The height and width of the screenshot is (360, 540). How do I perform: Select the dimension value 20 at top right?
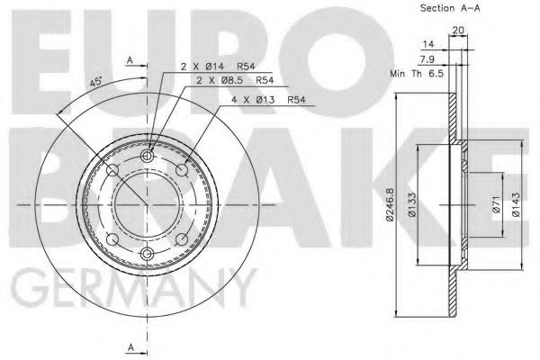pyautogui.click(x=459, y=30)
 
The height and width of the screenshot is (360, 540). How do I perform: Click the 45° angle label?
pyautogui.click(x=95, y=83)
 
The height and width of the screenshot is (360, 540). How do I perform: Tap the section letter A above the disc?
pyautogui.click(x=130, y=60)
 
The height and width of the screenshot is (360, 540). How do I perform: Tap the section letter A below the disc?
pyautogui.click(x=130, y=346)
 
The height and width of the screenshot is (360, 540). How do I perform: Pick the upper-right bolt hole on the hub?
pyautogui.click(x=183, y=171)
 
